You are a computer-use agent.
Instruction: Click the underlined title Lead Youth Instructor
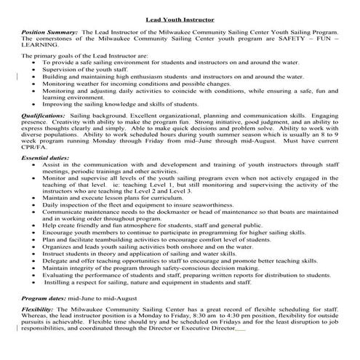pyautogui.click(x=180, y=23)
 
